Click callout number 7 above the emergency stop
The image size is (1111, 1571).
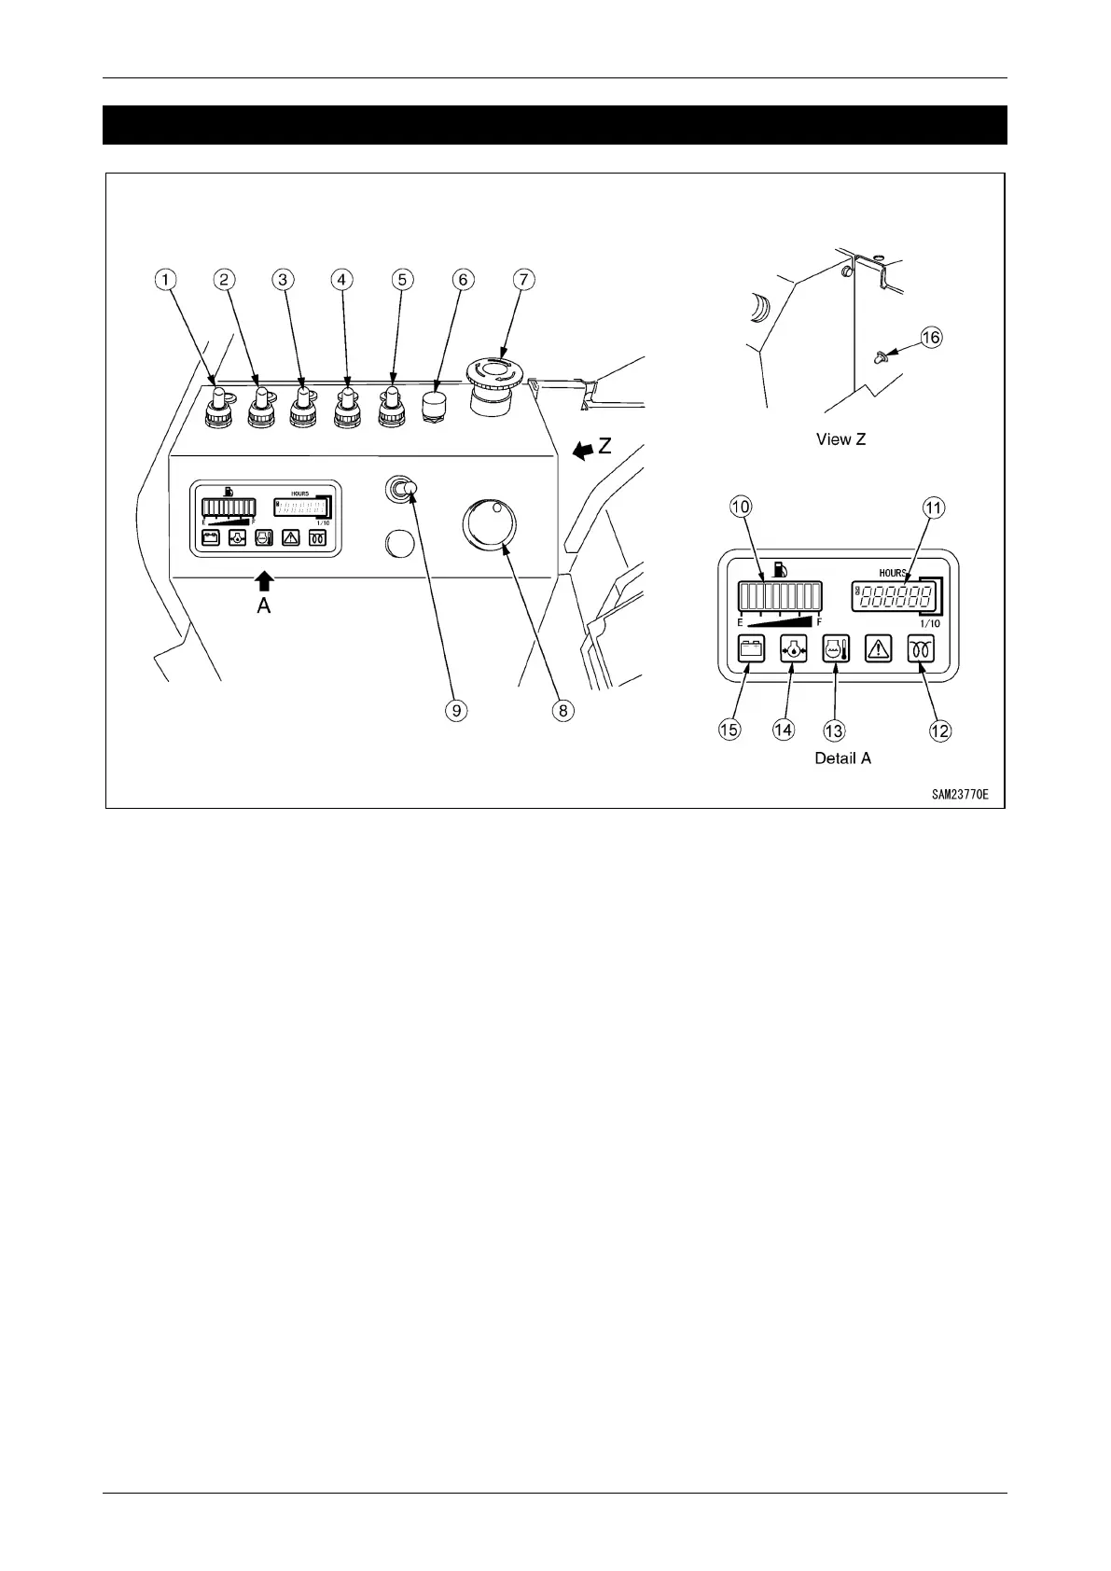coord(523,279)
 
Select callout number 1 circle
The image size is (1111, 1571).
coord(165,279)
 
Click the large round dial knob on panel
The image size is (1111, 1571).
coord(487,526)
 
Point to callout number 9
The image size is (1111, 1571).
coord(456,710)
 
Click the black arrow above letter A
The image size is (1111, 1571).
coord(265,581)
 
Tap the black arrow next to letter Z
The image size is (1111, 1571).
coord(581,452)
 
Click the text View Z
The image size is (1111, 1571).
coord(840,439)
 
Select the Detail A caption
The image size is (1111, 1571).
coord(842,758)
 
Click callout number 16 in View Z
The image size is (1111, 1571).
coord(931,338)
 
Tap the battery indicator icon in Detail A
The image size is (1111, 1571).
coord(751,648)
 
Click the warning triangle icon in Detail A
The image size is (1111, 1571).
coord(879,648)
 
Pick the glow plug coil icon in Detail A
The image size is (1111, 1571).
coord(922,648)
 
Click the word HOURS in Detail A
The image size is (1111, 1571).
coord(892,573)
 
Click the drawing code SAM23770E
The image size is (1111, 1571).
coord(958,795)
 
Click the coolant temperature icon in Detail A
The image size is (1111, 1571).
coord(835,648)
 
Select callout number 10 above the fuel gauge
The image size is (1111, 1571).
coord(740,507)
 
